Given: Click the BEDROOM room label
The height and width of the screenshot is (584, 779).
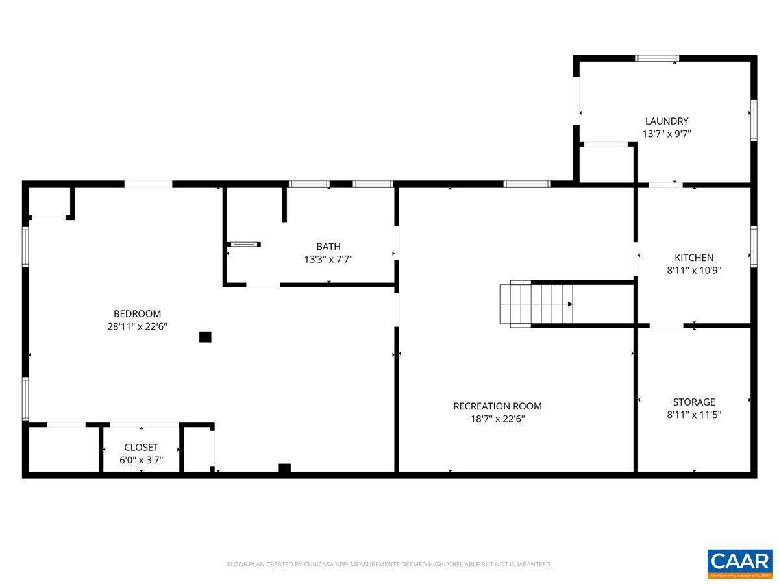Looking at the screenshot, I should pyautogui.click(x=137, y=314).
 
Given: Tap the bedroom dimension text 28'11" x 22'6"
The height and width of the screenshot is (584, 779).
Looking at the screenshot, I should pyautogui.click(x=137, y=327).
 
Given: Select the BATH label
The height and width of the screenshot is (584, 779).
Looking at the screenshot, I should pyautogui.click(x=328, y=247).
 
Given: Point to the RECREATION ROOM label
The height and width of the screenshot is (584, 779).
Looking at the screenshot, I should pyautogui.click(x=497, y=406).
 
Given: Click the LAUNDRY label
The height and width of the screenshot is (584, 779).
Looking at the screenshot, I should pyautogui.click(x=666, y=121).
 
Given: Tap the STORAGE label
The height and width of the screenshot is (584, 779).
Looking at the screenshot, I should pyautogui.click(x=694, y=402).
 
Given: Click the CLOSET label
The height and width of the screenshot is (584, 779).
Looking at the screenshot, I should pyautogui.click(x=141, y=448).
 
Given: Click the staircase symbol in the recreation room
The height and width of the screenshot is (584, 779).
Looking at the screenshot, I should pyautogui.click(x=537, y=304).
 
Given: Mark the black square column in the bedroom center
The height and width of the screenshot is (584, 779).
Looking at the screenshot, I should pyautogui.click(x=205, y=337).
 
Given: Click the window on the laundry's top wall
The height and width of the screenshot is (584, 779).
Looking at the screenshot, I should pyautogui.click(x=657, y=58).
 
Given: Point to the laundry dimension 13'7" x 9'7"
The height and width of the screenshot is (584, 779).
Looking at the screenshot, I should pyautogui.click(x=666, y=134).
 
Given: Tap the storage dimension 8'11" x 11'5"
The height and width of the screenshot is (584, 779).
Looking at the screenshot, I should pyautogui.click(x=694, y=415).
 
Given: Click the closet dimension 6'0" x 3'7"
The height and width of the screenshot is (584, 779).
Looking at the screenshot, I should pyautogui.click(x=141, y=461).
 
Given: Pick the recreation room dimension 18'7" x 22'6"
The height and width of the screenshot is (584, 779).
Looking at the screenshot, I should pyautogui.click(x=497, y=419).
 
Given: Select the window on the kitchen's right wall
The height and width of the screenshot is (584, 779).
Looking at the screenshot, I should pyautogui.click(x=754, y=247).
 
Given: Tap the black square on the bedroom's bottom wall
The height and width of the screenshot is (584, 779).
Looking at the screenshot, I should pyautogui.click(x=284, y=468).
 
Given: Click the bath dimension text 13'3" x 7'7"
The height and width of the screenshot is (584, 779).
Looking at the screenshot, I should pyautogui.click(x=328, y=260).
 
